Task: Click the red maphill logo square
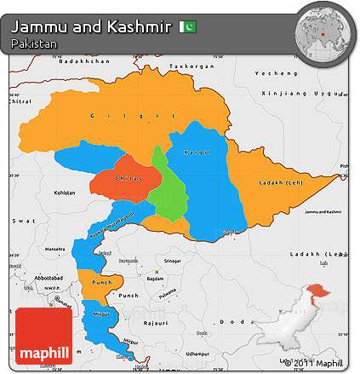[43, 336]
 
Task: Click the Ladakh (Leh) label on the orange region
[281, 182]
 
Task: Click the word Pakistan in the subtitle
[35, 43]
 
